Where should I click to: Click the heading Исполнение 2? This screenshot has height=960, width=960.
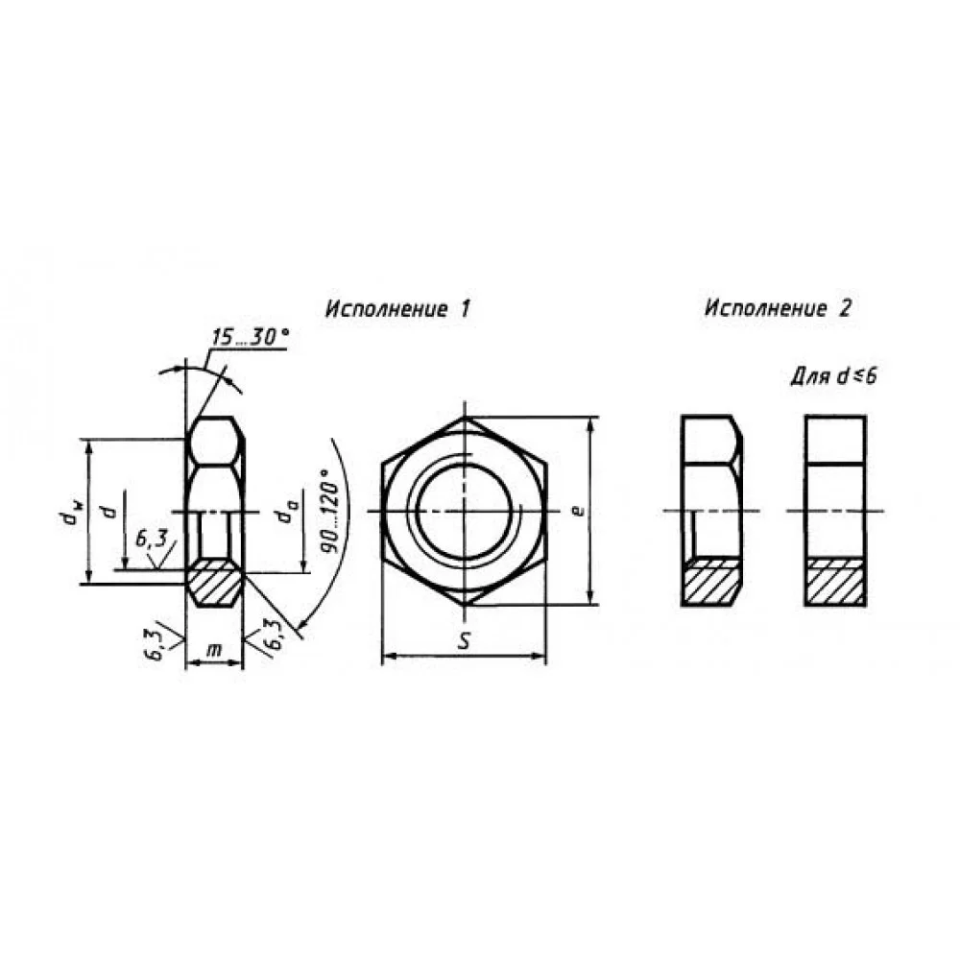click(x=779, y=308)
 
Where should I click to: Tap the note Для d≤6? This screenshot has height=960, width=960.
click(x=834, y=376)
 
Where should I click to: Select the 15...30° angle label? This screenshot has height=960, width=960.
click(x=250, y=337)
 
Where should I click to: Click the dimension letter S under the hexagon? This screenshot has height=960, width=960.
click(x=465, y=640)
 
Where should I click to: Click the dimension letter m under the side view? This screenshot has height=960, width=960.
click(x=214, y=650)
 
